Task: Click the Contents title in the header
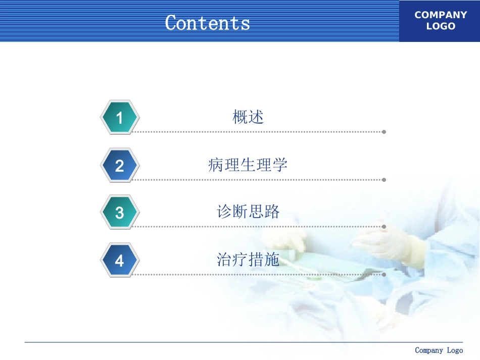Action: [x=207, y=23]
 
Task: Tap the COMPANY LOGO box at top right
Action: [x=440, y=21]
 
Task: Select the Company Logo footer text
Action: [x=439, y=350]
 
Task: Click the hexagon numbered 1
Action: [x=119, y=118]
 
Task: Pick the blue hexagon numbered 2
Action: [x=119, y=166]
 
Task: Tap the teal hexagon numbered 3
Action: [x=119, y=213]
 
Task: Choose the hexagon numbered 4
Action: [x=119, y=261]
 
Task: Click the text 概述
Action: [x=248, y=117]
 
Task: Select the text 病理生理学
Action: [x=248, y=165]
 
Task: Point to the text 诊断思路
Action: [x=248, y=212]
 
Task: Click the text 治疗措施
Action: [x=248, y=260]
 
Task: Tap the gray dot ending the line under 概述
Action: [x=384, y=132]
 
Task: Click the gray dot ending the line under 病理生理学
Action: [x=384, y=180]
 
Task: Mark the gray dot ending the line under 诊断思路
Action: [x=384, y=227]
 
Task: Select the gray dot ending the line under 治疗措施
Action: [x=384, y=275]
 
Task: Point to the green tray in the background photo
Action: [x=303, y=263]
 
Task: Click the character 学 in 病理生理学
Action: [x=279, y=165]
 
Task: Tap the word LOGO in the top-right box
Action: [x=441, y=26]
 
